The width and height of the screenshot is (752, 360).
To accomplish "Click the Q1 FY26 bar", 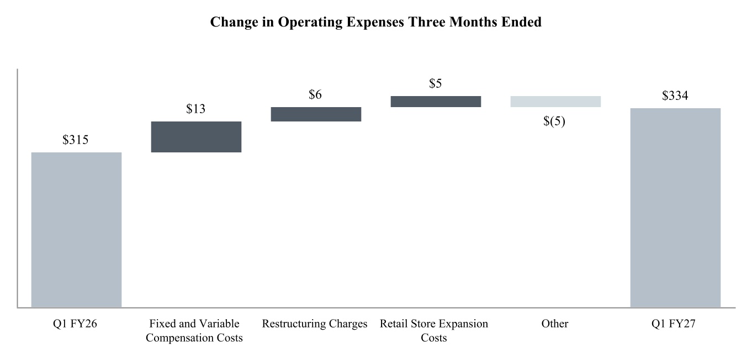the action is pos(76,230).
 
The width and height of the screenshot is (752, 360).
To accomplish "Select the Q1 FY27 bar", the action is pos(675,208).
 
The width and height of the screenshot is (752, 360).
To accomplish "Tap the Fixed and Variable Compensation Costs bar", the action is pos(196,137).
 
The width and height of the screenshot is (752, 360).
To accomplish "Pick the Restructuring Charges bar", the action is pos(316,114).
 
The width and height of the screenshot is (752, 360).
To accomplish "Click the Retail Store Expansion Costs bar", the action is pos(436,102).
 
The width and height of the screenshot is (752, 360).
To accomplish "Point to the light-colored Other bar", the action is pos(555,102).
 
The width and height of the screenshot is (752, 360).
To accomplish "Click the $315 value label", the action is pos(76,140).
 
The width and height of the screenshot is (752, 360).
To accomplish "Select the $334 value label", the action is pos(675,96).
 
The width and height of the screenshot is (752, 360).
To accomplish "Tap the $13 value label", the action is pos(195,109).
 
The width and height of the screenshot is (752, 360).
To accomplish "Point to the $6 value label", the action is pos(315,95).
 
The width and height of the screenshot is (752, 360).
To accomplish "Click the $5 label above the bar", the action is pos(436,83).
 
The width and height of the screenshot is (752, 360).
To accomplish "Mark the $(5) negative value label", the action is pos(554,121).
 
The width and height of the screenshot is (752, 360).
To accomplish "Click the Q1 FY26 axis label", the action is pos(75,324).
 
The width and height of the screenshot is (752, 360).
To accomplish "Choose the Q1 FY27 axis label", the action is pos(674,324).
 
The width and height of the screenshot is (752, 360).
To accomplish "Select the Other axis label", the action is pos(554,324).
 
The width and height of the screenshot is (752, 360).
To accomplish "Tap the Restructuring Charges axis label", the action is pos(315,324).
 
